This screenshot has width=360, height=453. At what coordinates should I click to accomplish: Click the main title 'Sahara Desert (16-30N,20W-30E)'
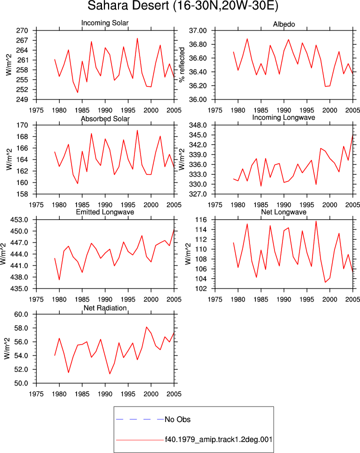(x=182, y=6)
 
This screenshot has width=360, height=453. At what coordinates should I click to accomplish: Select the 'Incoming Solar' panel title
(x=105, y=23)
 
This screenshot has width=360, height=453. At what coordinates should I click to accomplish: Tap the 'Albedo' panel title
(x=283, y=24)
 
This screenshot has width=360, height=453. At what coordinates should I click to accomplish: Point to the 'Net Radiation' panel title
(x=105, y=308)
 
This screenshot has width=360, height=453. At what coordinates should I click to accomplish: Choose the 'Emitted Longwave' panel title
(x=105, y=212)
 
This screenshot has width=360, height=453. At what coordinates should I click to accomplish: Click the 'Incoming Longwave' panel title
(x=283, y=117)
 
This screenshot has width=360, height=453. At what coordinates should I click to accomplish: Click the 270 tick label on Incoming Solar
(x=22, y=30)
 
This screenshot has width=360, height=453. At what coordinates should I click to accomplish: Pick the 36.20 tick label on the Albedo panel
(x=198, y=86)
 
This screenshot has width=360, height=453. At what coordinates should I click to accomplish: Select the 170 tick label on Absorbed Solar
(x=22, y=125)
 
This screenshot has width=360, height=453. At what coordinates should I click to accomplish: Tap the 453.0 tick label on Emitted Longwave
(x=19, y=220)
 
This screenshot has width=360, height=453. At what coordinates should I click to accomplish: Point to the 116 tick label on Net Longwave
(x=201, y=220)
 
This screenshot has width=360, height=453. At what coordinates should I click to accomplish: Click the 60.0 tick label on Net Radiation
(x=21, y=314)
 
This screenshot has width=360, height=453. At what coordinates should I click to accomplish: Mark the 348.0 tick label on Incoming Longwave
(x=198, y=125)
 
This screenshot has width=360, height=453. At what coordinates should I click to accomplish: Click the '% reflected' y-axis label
(x=181, y=64)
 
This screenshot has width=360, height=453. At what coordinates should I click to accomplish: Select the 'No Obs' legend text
(x=177, y=419)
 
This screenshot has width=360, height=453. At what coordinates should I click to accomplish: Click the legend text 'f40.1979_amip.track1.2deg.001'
(x=218, y=439)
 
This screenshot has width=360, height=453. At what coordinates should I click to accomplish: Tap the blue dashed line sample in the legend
(x=140, y=419)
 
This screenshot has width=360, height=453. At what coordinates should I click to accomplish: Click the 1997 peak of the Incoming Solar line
(x=137, y=38)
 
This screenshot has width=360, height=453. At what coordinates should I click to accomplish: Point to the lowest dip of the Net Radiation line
(x=110, y=374)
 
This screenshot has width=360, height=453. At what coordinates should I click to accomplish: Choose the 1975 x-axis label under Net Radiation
(x=36, y=394)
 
